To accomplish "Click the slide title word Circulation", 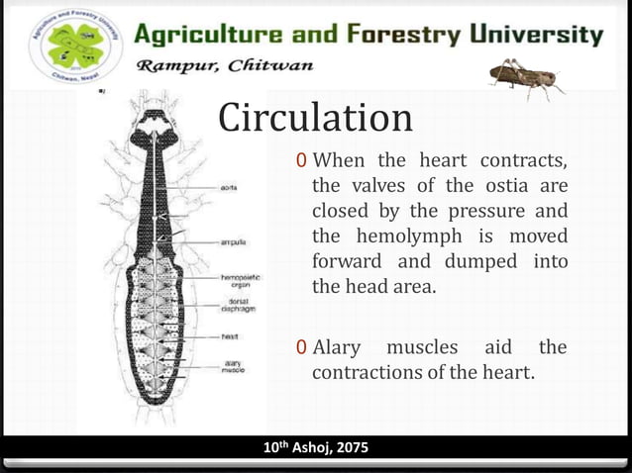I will (x=315, y=119).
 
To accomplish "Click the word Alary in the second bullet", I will (x=335, y=347).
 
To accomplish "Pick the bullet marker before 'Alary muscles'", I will (x=301, y=347).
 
